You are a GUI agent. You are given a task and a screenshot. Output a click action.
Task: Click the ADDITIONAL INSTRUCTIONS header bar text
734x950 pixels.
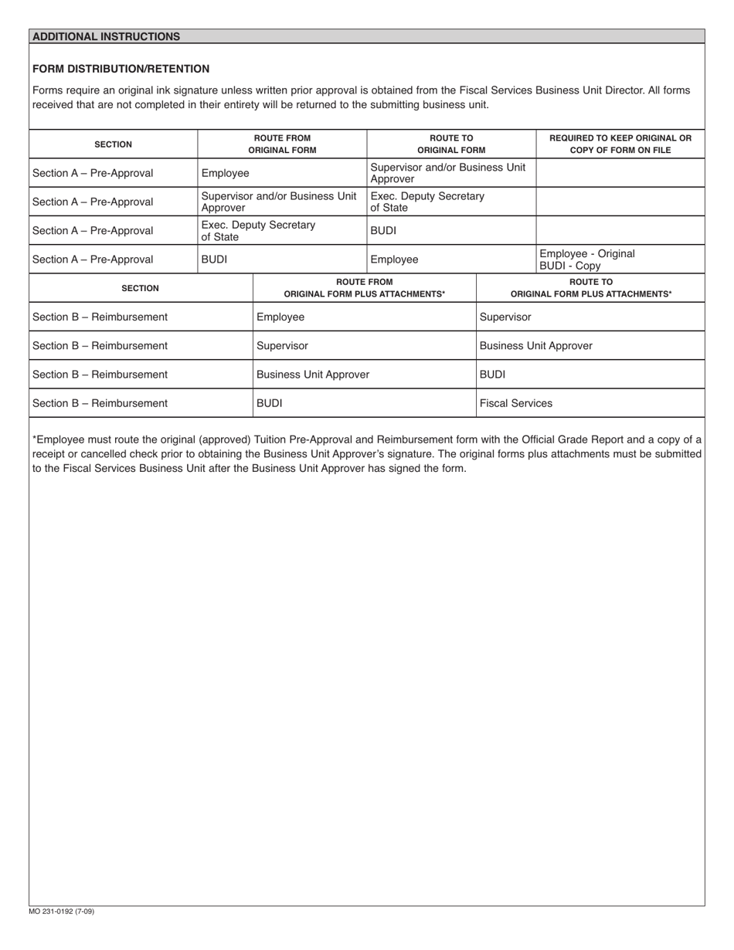click(x=106, y=36)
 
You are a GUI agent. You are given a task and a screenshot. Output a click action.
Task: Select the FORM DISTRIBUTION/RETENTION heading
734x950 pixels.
click(x=121, y=69)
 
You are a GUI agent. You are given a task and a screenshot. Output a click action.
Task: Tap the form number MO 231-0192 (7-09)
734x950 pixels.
click(x=62, y=911)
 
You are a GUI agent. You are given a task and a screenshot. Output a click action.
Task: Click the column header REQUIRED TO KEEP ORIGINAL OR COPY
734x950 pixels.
click(x=620, y=144)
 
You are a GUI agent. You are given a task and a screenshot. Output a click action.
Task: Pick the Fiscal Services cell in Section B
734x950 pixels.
click(x=516, y=403)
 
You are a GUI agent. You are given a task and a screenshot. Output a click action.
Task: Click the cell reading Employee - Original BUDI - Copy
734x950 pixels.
click(x=587, y=260)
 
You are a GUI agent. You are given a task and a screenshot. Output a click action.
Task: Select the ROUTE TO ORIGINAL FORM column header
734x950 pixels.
click(x=451, y=144)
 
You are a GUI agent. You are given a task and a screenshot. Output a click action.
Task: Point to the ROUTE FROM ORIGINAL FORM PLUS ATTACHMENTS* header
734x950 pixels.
click(x=364, y=288)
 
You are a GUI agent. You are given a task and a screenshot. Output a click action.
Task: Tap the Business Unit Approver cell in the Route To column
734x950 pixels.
click(x=535, y=345)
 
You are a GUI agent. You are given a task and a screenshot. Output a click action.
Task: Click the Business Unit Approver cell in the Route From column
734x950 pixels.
click(x=313, y=375)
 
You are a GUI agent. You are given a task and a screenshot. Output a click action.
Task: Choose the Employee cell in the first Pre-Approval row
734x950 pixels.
click(x=225, y=173)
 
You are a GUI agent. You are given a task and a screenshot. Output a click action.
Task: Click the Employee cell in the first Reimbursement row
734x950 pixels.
click(x=280, y=317)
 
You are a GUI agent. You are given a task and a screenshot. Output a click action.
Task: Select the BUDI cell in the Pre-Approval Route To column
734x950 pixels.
click(x=383, y=230)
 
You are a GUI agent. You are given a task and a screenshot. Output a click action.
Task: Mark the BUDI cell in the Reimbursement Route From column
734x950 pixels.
click(x=269, y=403)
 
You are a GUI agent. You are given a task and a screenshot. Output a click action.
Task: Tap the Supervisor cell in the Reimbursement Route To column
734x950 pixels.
click(x=505, y=317)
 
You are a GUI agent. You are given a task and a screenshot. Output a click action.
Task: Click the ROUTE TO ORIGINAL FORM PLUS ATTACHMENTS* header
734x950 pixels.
click(x=590, y=288)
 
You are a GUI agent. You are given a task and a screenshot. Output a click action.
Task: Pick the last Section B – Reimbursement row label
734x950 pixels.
click(x=100, y=403)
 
